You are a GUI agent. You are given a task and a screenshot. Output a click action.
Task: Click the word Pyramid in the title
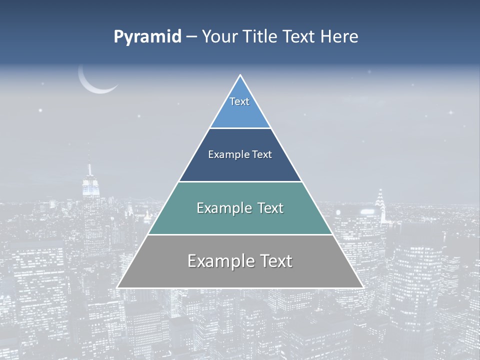click(147, 37)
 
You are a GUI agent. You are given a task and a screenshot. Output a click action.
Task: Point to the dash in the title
click(191, 37)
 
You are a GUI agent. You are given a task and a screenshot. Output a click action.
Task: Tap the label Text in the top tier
click(239, 101)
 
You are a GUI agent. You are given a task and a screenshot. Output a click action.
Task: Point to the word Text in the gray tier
click(274, 261)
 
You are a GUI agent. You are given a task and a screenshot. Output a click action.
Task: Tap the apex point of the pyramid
click(240, 75)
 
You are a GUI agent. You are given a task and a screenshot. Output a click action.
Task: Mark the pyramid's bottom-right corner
click(363, 287)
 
